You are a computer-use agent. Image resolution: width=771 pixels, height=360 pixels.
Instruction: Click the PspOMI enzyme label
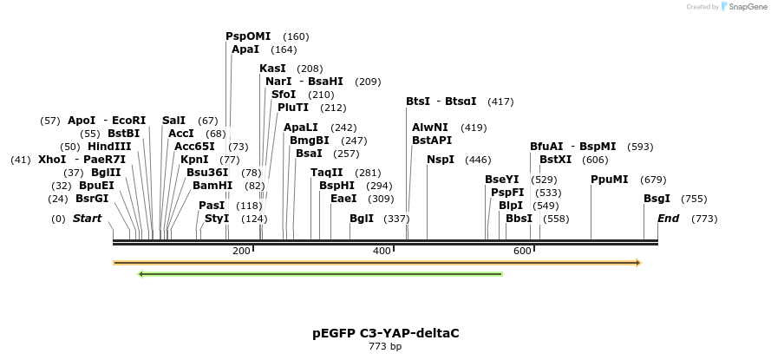coord(248,36)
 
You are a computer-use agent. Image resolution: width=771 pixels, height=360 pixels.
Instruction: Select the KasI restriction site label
coord(272,69)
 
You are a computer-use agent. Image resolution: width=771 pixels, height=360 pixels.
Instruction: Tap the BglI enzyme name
coord(362,219)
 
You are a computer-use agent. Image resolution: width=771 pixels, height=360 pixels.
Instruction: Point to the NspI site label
coord(441,160)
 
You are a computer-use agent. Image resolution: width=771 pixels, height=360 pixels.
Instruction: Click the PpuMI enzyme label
coord(609,180)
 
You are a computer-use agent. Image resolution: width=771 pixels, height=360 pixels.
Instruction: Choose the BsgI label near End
coord(657,199)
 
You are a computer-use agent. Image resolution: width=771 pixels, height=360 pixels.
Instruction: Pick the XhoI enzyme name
coord(52,160)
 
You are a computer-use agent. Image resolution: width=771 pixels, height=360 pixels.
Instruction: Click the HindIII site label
coord(109,147)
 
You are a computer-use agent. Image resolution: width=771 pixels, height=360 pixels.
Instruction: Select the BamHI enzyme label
coord(212,186)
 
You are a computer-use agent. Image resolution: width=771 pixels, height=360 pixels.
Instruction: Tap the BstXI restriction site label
coord(556,160)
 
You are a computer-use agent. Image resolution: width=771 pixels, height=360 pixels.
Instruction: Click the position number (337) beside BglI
coord(396,219)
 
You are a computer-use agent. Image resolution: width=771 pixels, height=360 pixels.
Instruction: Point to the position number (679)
coord(653,180)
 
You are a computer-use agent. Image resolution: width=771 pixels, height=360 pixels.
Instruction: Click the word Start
coord(87,219)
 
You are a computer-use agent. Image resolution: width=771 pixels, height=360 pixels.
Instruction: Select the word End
coord(668,219)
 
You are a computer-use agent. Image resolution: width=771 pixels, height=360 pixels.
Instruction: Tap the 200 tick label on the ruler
coord(241,251)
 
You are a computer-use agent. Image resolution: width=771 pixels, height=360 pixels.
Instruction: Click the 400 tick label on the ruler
coord(382,251)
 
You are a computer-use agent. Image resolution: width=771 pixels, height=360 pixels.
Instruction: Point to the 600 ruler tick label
coord(522,251)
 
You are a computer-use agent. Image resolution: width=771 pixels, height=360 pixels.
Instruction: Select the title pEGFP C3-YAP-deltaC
coord(385,333)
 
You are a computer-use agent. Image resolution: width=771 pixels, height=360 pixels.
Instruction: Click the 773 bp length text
coord(385,347)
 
